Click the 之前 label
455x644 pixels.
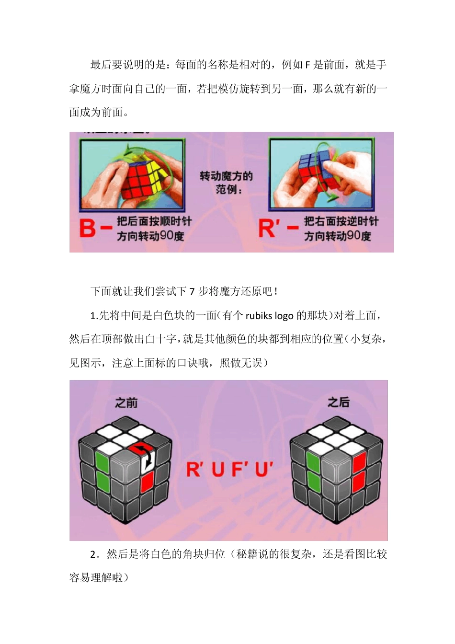coord(126,403)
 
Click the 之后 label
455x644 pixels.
coord(339,402)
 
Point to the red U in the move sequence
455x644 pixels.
coord(218,470)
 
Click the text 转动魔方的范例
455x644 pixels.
coord(226,183)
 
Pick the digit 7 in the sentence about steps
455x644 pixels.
coord(192,292)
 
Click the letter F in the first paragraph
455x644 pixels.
coord(307,65)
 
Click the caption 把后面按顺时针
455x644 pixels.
coord(154,221)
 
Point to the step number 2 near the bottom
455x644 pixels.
coord(93,555)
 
